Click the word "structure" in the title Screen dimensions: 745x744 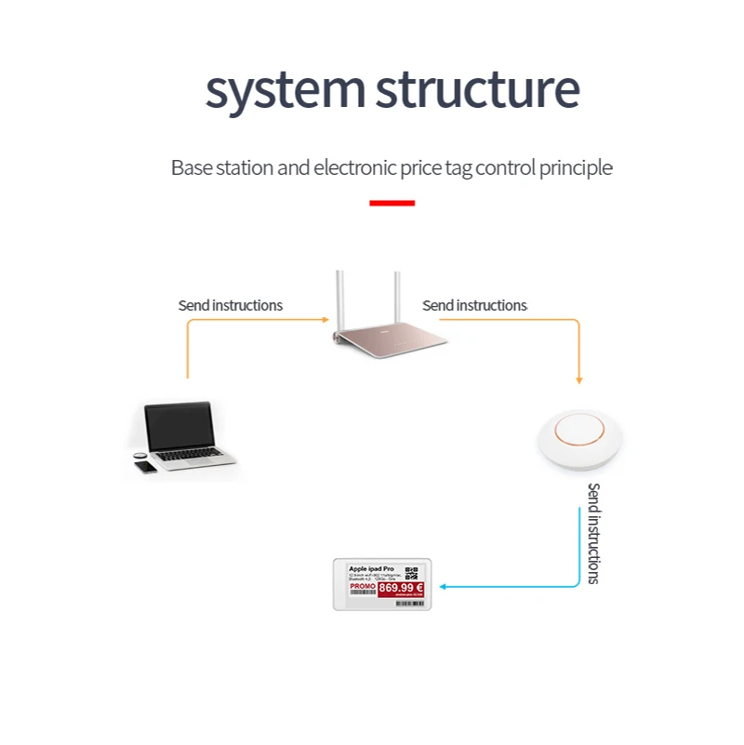click(477, 90)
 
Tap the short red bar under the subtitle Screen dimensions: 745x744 click(392, 203)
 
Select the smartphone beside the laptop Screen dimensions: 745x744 click(148, 468)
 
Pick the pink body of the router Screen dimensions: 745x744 click(391, 339)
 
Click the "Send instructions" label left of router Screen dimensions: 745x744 click(231, 305)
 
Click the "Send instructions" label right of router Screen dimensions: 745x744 click(474, 305)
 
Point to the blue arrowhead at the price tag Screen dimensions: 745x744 click(443, 586)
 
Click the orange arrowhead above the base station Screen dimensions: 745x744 click(579, 379)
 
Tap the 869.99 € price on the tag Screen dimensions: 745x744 click(400, 588)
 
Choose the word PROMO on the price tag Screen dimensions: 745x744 click(362, 587)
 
